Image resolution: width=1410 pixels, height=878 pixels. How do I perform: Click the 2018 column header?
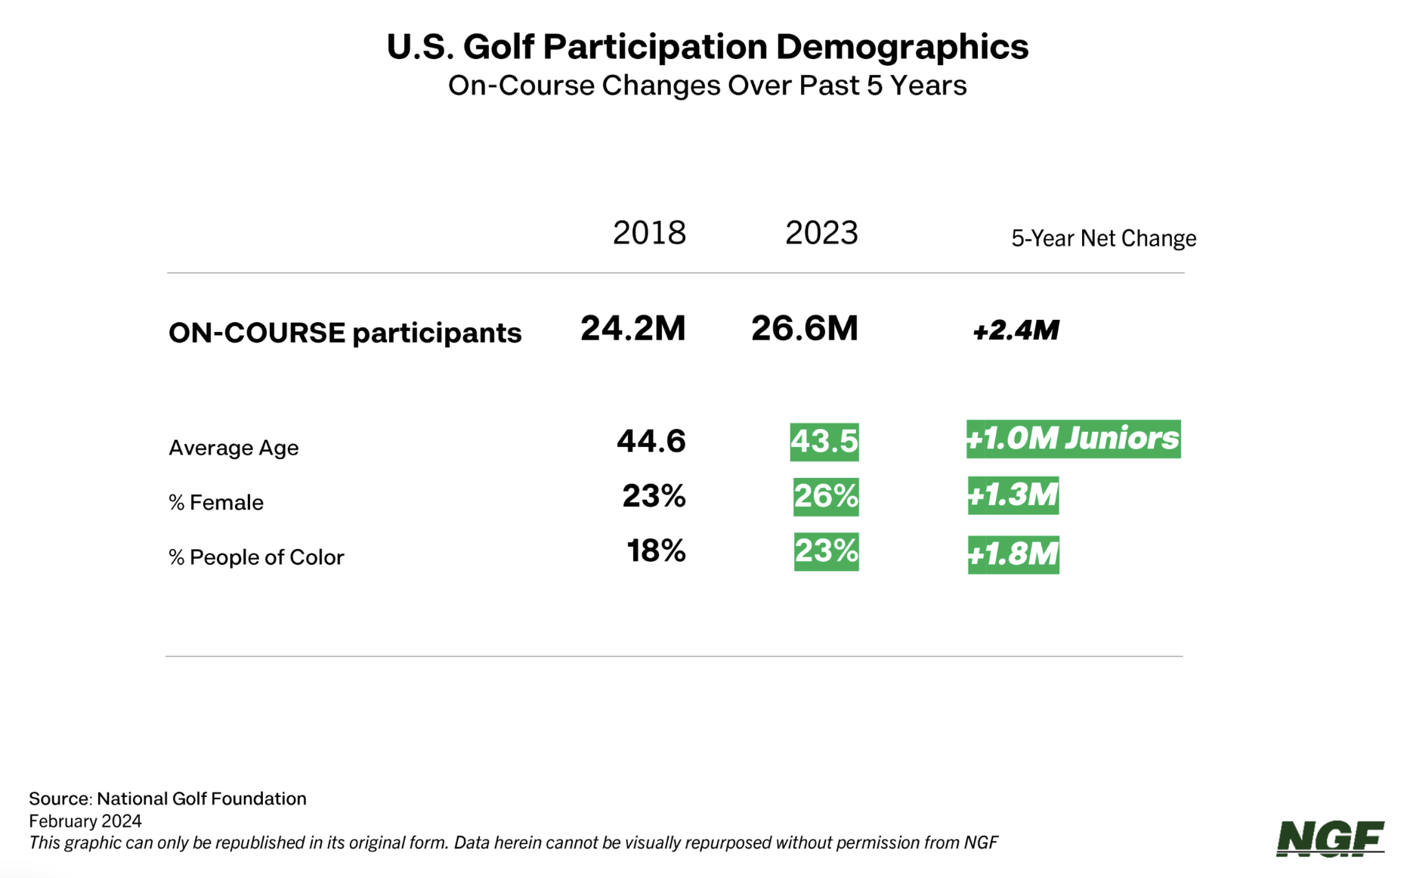coord(649,233)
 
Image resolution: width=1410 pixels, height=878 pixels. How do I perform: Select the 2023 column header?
coord(821,233)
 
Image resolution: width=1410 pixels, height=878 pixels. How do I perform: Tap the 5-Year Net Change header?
coord(1103,238)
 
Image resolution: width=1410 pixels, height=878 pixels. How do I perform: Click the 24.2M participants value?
coord(633,328)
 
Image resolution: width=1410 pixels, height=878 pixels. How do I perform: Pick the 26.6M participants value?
coord(805,328)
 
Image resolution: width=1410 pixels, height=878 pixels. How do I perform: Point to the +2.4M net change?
coord(1016,330)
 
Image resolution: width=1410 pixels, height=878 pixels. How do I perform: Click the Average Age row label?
coord(233,448)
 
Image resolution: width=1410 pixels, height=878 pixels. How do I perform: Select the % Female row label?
coord(216,502)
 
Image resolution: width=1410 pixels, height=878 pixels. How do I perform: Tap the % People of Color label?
coord(256,557)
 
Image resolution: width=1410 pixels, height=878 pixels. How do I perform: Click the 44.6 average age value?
coord(651,441)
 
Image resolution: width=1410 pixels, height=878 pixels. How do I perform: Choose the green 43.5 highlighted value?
coord(824,442)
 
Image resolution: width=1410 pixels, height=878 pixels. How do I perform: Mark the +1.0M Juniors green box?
coord(1073,439)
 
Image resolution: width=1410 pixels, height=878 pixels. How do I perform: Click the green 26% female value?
coord(826,496)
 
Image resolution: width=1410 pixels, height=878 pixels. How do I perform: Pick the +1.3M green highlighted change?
coord(1013,495)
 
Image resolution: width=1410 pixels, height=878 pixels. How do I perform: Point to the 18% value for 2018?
coord(656,551)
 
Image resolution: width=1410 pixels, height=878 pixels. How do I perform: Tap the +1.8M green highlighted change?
coord(1013,554)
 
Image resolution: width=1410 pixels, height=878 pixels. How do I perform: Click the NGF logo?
coord(1330,839)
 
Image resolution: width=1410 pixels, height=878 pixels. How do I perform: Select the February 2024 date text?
coord(85,821)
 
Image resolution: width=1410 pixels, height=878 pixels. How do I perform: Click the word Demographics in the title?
coord(902,46)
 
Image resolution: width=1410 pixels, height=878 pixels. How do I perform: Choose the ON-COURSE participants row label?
coord(345,333)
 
